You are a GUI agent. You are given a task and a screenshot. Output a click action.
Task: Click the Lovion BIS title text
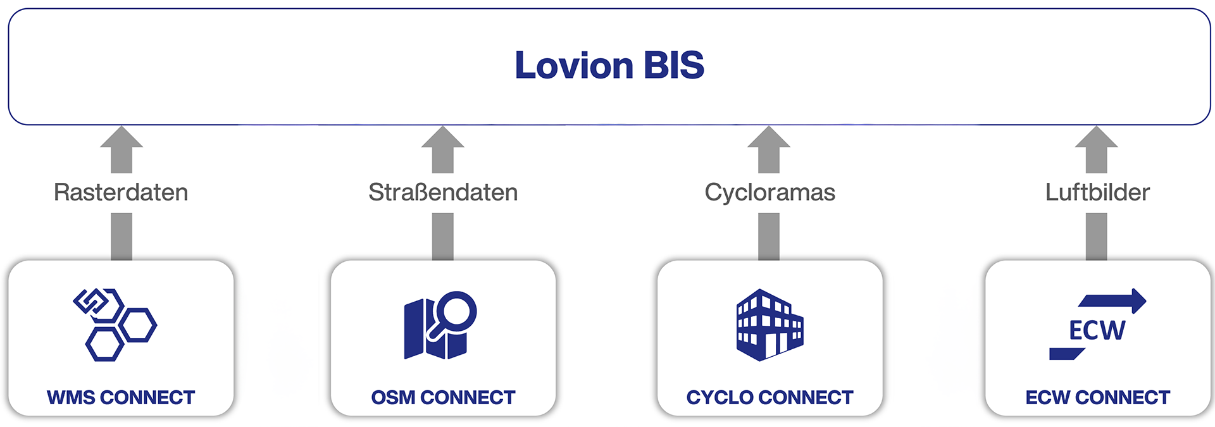click(x=609, y=65)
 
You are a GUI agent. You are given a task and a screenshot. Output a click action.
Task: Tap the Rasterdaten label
click(x=121, y=192)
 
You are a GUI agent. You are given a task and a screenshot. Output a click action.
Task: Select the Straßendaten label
click(x=443, y=192)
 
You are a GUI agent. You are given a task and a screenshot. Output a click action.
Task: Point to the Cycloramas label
click(x=769, y=192)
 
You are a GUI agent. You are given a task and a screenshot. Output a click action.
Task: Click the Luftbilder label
click(x=1097, y=192)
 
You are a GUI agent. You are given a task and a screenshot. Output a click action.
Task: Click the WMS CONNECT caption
click(x=121, y=397)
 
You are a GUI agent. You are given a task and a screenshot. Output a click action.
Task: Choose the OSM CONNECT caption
click(x=443, y=397)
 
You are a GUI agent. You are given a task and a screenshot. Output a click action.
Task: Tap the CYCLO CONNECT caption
click(x=769, y=397)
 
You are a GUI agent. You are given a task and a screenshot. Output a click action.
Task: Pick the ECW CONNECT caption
click(x=1097, y=397)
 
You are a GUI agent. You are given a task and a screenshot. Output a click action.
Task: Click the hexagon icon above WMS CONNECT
click(x=116, y=325)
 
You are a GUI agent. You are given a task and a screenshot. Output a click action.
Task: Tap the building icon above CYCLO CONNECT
click(x=769, y=325)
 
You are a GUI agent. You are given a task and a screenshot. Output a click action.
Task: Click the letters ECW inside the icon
click(x=1097, y=330)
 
